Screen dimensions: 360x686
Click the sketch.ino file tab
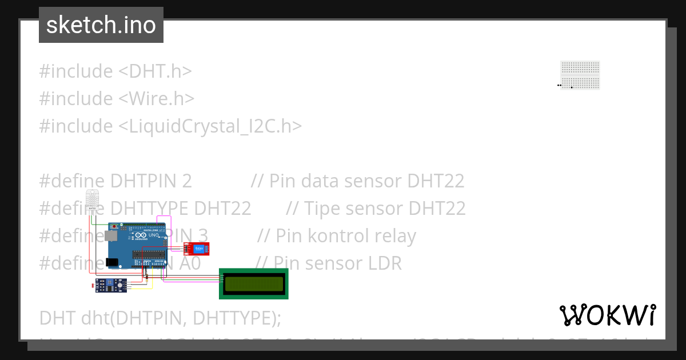coord(101,25)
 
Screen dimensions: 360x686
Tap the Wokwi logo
coord(607,315)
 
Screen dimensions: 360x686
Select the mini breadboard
coord(580,75)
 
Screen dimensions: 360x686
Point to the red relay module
coord(196,248)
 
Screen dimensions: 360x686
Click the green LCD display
coord(254,283)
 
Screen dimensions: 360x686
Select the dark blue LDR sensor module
coord(111,285)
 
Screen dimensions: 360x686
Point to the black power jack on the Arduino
coord(112,262)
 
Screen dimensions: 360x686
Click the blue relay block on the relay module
coord(198,248)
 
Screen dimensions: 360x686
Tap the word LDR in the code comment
coord(383,263)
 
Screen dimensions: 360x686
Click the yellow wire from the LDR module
coord(152,284)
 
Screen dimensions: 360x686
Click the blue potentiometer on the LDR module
coord(109,282)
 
